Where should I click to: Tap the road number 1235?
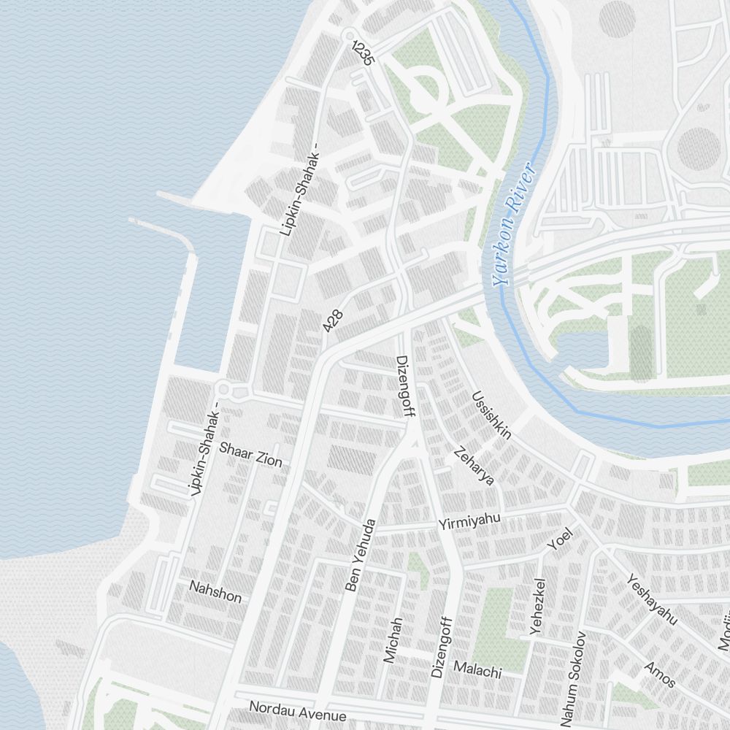(x=362, y=53)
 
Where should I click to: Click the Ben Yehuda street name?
(x=361, y=555)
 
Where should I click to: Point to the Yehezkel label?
(x=539, y=606)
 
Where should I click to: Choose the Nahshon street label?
(x=215, y=591)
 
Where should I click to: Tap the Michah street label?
(x=393, y=640)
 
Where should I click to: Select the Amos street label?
(x=660, y=675)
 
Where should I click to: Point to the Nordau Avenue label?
(x=297, y=711)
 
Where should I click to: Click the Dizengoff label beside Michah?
(x=440, y=647)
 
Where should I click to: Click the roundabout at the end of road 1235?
(x=348, y=34)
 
